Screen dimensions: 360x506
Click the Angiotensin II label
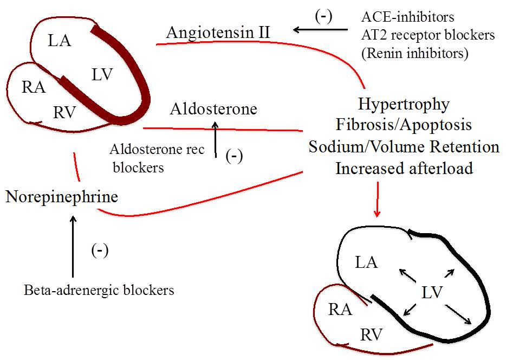tap(218, 33)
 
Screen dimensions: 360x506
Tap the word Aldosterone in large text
tap(213, 109)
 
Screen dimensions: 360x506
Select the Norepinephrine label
tap(61, 197)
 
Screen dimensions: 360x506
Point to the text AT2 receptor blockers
tap(428, 35)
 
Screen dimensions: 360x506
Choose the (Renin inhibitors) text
tap(416, 53)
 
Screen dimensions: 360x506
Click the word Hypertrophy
tap(404, 104)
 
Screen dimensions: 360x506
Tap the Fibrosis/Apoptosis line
tap(404, 125)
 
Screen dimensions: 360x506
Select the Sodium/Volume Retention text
tap(404, 146)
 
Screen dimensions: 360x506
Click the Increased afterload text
tap(404, 168)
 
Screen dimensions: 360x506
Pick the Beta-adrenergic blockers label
tap(99, 291)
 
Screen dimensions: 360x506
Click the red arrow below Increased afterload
tap(377, 200)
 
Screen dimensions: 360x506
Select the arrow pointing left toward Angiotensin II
tap(320, 30)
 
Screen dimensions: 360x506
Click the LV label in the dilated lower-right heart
tap(433, 293)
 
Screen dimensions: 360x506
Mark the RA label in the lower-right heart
tap(340, 310)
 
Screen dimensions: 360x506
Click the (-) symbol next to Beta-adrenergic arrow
tap(100, 250)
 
